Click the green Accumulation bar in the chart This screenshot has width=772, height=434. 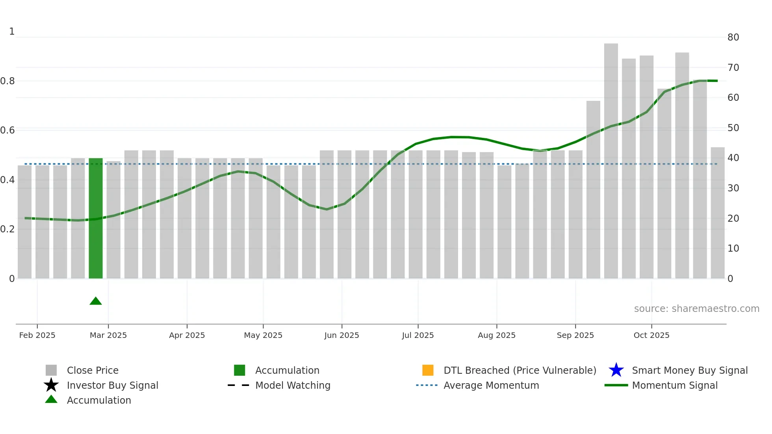point(96,219)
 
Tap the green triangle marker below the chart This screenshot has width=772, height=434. point(96,301)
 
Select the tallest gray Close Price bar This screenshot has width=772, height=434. point(611,161)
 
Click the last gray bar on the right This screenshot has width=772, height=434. point(717,213)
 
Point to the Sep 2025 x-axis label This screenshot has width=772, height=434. point(575,335)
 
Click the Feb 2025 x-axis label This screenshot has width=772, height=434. point(37,335)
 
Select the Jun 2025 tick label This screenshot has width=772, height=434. point(341,335)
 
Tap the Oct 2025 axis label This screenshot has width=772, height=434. point(651,335)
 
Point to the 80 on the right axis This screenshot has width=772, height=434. point(733,37)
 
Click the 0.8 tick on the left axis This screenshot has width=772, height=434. point(7,81)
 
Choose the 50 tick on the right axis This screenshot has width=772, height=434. point(733,128)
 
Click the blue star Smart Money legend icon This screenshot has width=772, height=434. point(616,370)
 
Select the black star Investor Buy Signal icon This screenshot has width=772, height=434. point(51,385)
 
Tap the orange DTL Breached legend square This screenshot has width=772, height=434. point(428,370)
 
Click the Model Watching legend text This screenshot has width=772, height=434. point(293,385)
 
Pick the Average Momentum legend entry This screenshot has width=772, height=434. point(491,385)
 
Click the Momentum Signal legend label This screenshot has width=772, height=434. point(674,385)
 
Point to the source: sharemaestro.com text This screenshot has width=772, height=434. point(696,309)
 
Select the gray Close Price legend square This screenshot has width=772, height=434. point(51,370)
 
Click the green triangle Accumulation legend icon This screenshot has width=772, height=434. point(51,399)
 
